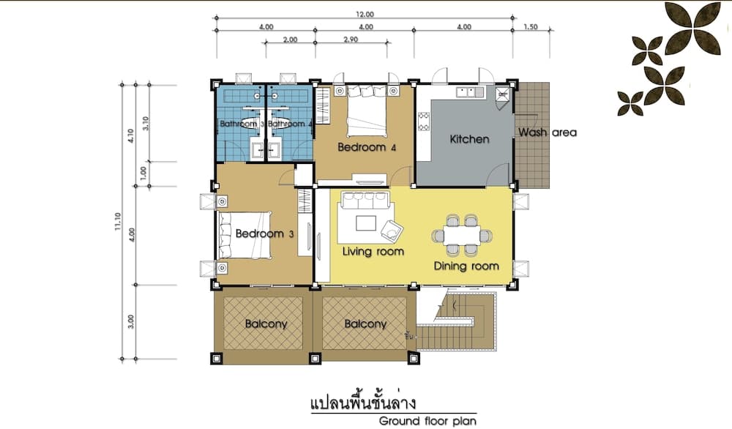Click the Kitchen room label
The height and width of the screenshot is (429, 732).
click(x=469, y=139)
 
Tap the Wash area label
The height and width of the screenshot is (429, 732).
click(x=548, y=133)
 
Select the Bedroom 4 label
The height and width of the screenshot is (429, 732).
click(x=367, y=147)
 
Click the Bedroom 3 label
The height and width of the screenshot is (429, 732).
click(x=264, y=234)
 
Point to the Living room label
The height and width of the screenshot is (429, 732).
click(x=373, y=251)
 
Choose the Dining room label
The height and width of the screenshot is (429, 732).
click(x=466, y=266)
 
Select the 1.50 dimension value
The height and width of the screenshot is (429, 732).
click(x=531, y=27)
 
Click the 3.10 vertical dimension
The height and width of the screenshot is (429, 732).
click(x=146, y=123)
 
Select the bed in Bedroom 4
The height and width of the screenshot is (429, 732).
click(x=365, y=110)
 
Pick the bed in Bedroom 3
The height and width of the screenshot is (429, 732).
click(x=244, y=234)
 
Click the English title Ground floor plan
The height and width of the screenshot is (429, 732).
click(x=427, y=420)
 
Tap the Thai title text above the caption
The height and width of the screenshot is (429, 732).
click(x=359, y=402)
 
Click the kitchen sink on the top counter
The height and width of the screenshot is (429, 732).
click(x=465, y=92)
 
